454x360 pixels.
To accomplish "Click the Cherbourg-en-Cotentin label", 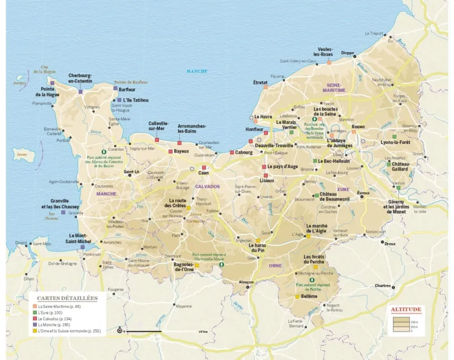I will tap(80, 78).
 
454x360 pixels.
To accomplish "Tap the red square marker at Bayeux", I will tap(170, 151).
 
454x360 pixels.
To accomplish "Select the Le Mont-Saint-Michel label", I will tap(79, 238).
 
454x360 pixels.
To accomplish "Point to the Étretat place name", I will tap(260, 82).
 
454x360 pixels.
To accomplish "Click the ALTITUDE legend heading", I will tap(406, 310).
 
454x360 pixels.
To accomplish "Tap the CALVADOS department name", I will tap(207, 186).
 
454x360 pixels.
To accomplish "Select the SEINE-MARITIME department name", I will tap(334, 87).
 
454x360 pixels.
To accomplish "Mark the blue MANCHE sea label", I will tap(196, 71).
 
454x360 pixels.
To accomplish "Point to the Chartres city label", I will tap(382, 286).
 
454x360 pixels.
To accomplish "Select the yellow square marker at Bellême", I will tap(297, 296).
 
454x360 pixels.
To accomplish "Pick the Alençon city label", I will tap(246, 281).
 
